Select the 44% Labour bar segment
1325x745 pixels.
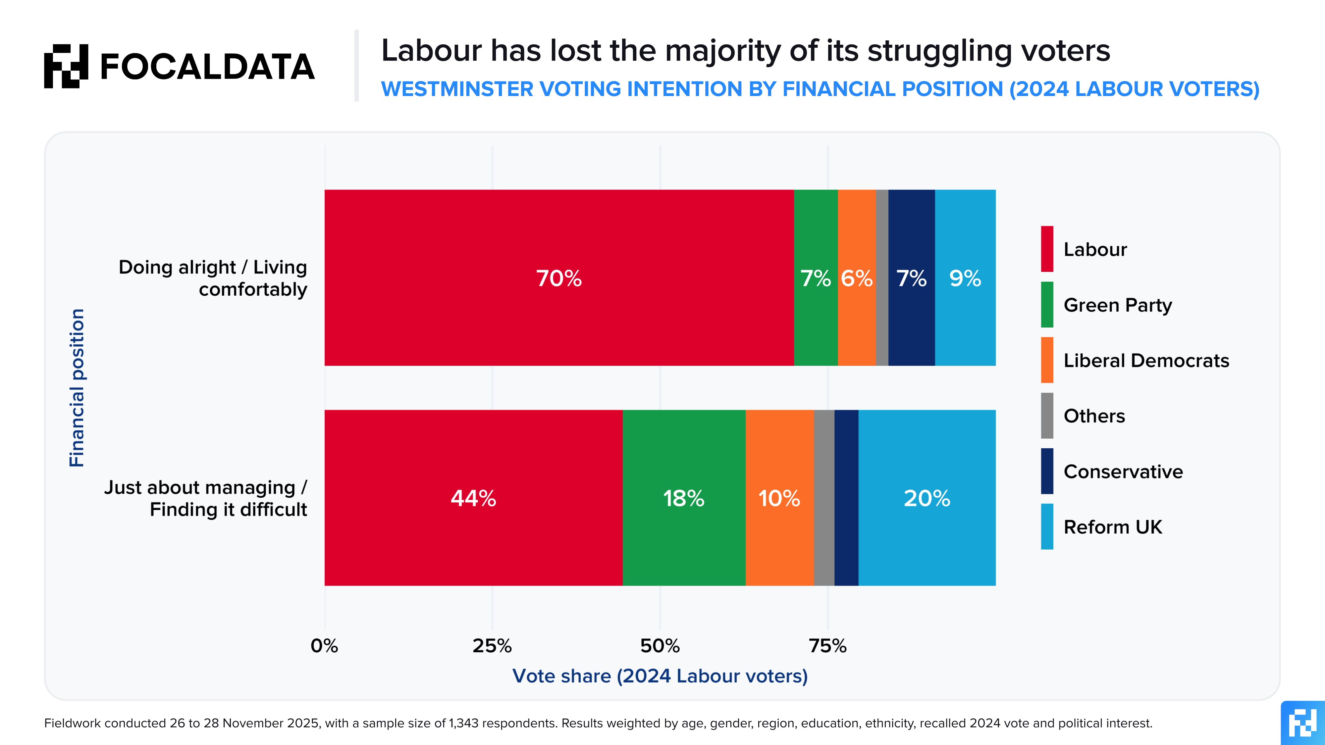473,498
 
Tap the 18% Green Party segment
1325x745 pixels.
684,498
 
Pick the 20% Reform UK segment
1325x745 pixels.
927,498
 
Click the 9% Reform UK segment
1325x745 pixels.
965,278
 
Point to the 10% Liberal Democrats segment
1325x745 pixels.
779,498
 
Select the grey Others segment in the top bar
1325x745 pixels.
881,278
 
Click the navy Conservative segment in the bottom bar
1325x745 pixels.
846,498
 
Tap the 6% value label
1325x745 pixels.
856,278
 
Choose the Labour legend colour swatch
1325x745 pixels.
1047,249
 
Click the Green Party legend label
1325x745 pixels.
1117,305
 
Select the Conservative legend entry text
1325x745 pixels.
1123,472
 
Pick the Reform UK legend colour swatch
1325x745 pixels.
1047,526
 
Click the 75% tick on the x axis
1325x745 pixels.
827,646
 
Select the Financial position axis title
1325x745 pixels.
77,388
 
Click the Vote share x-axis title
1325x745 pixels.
660,675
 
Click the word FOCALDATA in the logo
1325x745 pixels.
207,67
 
